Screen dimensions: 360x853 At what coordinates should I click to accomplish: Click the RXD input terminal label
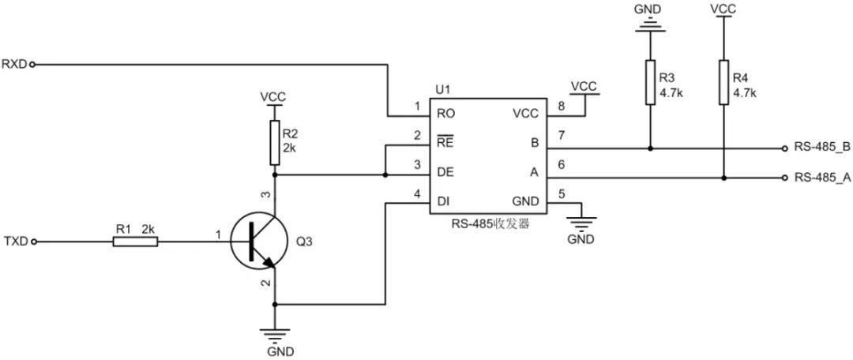[14, 64]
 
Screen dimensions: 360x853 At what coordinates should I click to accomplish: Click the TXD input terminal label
[14, 242]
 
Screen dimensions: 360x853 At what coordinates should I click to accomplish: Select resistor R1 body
[135, 242]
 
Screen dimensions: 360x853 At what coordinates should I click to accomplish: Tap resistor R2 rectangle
[274, 136]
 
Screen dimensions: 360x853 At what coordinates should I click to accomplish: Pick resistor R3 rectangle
[650, 82]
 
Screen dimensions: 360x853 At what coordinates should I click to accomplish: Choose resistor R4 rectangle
[723, 82]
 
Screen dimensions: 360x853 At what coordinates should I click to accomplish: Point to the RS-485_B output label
[822, 148]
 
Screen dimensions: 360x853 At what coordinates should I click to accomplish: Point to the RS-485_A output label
[822, 178]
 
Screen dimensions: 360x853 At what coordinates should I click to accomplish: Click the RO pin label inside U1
[445, 114]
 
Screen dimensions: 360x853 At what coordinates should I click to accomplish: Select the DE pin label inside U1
[445, 172]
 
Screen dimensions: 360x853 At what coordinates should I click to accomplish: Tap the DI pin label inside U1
[444, 202]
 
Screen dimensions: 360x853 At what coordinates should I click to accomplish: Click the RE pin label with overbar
[445, 143]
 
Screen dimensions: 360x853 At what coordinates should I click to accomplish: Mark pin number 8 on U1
[561, 106]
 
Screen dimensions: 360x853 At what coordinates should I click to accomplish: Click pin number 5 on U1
[561, 194]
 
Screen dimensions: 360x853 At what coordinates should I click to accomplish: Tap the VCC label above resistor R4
[723, 8]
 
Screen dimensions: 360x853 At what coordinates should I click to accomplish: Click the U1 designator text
[442, 91]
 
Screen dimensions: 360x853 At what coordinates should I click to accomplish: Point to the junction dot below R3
[650, 148]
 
